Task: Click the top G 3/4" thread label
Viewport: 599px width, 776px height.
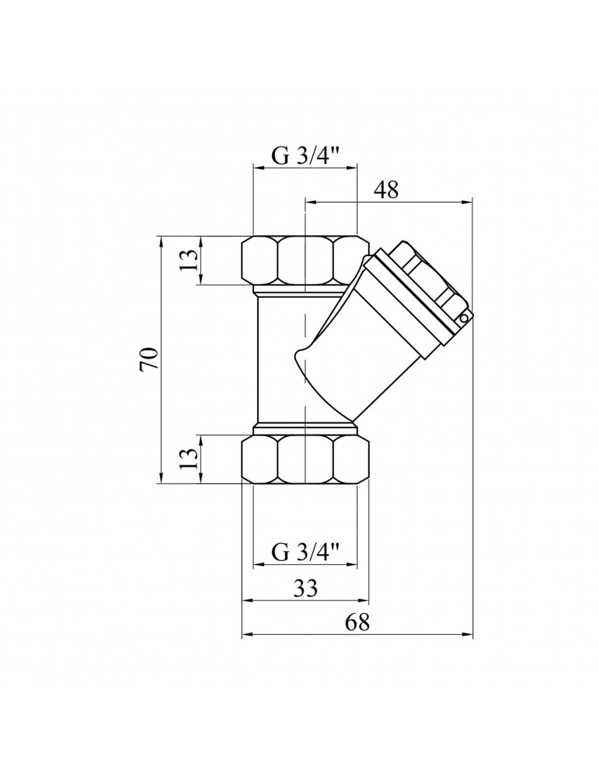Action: click(x=305, y=156)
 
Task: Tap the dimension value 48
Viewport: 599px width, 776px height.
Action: click(x=386, y=189)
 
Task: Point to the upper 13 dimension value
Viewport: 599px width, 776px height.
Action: click(x=189, y=259)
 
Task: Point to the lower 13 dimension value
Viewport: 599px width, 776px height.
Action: click(x=189, y=459)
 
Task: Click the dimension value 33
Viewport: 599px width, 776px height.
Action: click(x=305, y=588)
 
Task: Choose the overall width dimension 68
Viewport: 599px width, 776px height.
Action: click(x=357, y=622)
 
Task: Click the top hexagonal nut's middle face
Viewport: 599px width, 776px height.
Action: click(x=305, y=260)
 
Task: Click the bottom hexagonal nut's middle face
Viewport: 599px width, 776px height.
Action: click(x=305, y=459)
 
